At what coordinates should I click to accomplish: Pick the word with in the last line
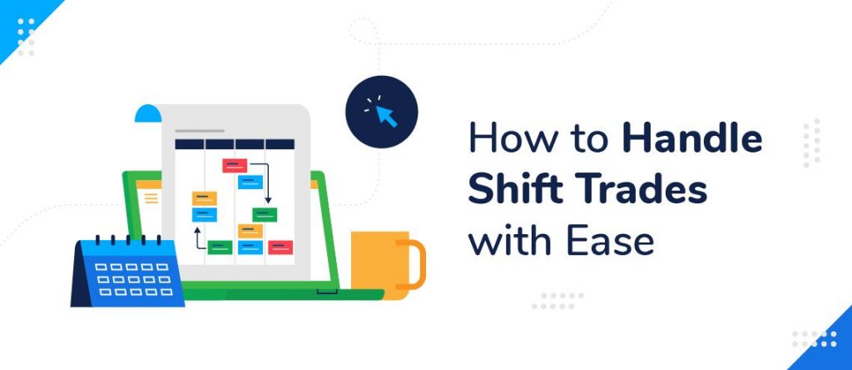click(507, 242)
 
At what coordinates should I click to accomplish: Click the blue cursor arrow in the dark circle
click(386, 114)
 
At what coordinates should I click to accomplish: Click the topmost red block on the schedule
click(235, 165)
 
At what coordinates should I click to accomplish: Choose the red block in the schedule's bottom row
click(280, 247)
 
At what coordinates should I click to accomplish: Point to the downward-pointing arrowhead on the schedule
click(268, 200)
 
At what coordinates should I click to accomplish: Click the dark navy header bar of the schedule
click(235, 143)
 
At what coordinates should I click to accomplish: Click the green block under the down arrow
click(265, 215)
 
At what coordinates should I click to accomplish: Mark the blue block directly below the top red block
click(250, 182)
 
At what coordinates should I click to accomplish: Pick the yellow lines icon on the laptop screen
click(151, 197)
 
